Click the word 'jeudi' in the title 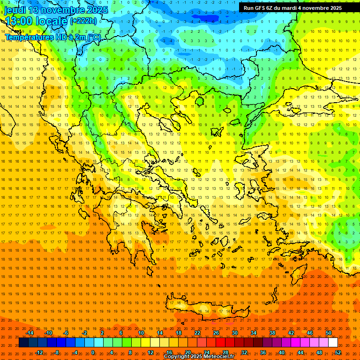tap(15, 10)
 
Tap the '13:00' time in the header tap(18, 22)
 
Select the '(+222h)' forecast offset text tap(83, 21)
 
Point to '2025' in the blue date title tap(97, 10)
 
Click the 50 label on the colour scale tap(329, 333)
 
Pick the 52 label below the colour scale tap(338, 352)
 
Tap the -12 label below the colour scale tap(39, 352)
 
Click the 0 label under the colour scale tap(93, 352)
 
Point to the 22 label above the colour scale tap(197, 333)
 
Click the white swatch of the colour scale tap(333, 343)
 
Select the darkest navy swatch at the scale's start tap(23, 343)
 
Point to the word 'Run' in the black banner tap(249, 8)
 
